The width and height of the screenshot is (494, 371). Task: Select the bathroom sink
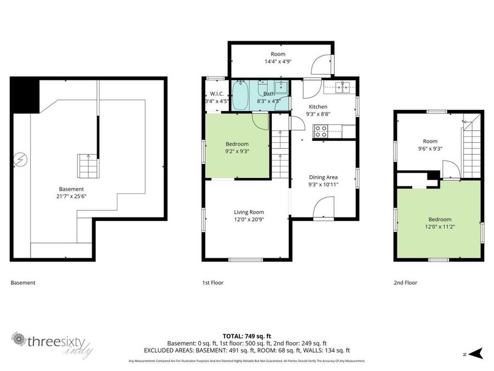tap(281, 87)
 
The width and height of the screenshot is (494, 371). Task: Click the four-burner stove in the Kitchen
tap(320, 131)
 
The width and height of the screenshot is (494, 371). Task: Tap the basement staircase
tap(86, 165)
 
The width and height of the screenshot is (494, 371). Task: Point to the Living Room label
tap(249, 212)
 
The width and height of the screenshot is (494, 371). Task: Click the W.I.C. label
tap(212, 93)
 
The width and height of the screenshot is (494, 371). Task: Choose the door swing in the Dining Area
tap(323, 208)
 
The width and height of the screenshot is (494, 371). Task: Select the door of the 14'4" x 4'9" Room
tap(321, 65)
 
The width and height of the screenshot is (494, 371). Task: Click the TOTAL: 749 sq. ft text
tap(246, 336)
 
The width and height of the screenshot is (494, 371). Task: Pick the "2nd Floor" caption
tap(405, 283)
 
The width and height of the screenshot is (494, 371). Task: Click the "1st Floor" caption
tap(212, 283)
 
